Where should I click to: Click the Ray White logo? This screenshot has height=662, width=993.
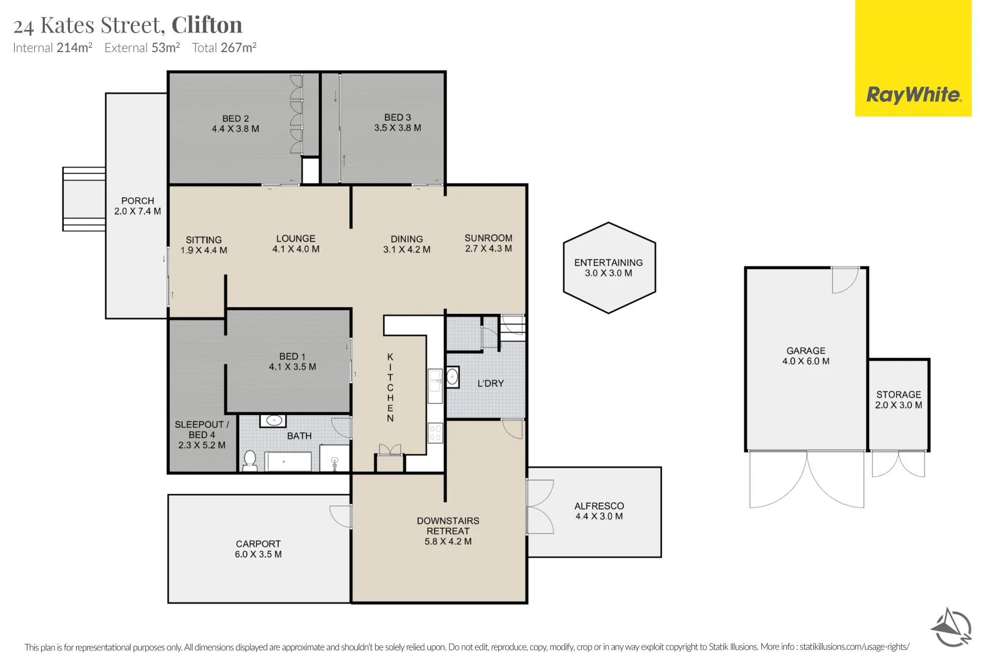tap(913, 58)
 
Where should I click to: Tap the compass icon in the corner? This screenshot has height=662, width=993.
tap(951, 628)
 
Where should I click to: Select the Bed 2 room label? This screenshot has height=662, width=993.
tap(235, 119)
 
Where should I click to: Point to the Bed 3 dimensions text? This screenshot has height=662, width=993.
tap(398, 127)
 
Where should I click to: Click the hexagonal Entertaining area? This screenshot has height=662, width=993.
tap(609, 268)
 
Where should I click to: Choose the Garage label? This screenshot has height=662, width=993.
tap(806, 351)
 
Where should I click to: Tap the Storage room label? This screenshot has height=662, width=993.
tap(899, 395)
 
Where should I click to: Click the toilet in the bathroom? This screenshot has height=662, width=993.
tap(250, 460)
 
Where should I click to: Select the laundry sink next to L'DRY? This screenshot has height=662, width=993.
tap(452, 378)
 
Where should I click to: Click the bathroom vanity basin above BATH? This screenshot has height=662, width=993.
tap(273, 420)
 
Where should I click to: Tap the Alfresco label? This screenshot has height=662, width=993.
tap(599, 506)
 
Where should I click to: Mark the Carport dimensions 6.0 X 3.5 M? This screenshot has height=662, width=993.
tap(258, 554)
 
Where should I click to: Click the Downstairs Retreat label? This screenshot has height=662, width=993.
tap(447, 526)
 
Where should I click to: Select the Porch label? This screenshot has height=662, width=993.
tap(137, 201)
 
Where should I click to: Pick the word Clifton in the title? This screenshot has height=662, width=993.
tap(207, 25)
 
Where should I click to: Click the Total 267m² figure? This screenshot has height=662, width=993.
tap(224, 47)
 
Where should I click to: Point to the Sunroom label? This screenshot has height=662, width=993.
tap(488, 238)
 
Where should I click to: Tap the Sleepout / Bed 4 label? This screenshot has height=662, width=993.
tap(202, 430)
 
